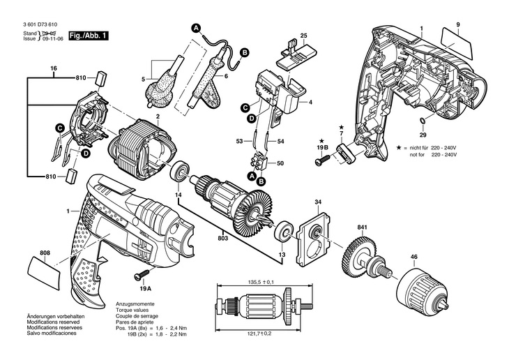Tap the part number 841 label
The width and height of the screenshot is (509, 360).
(362, 227)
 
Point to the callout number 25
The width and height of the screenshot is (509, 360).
(303, 35)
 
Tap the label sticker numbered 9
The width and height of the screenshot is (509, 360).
(456, 36)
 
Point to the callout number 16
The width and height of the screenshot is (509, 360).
(53, 68)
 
